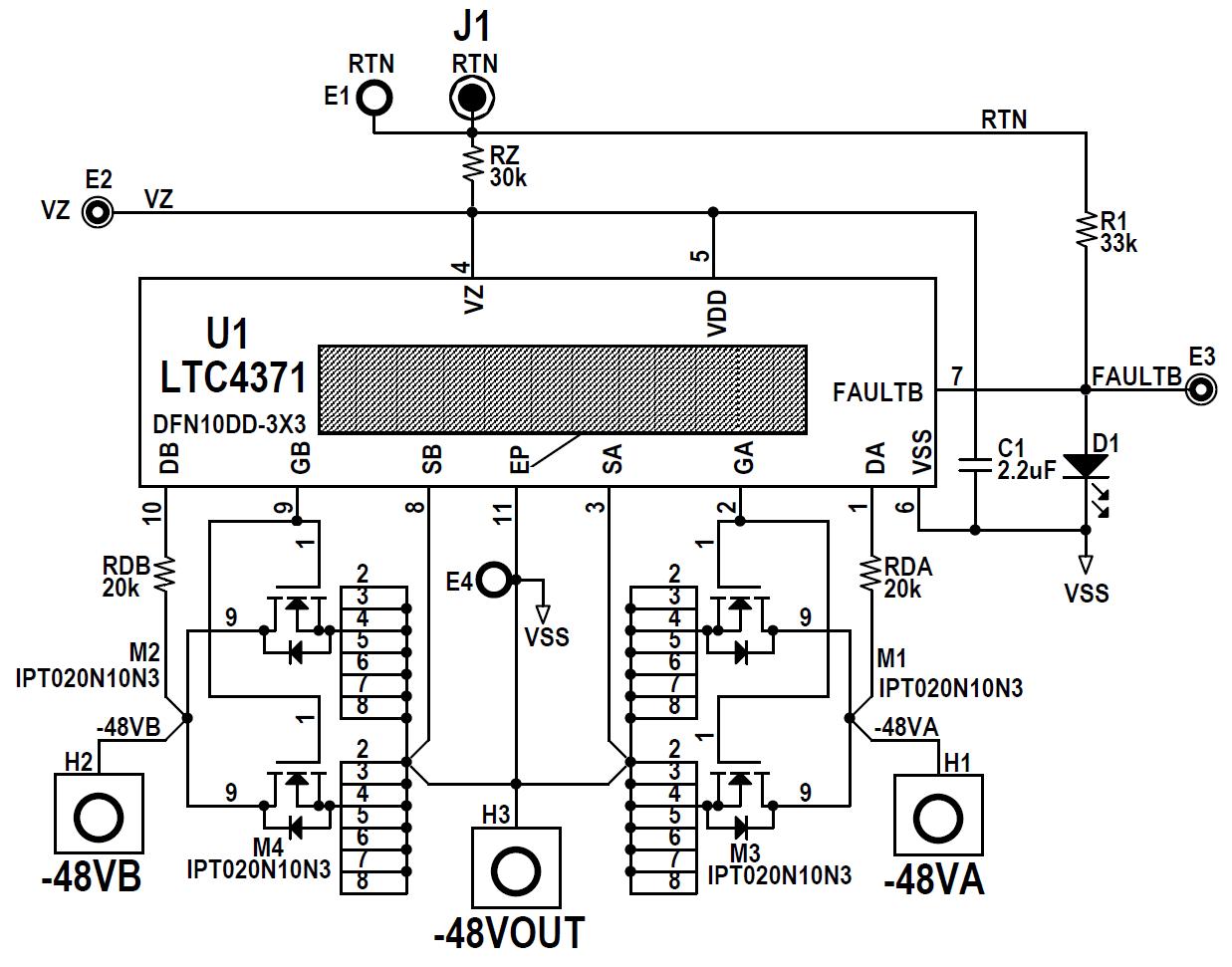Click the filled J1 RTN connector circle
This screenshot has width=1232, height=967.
click(x=472, y=98)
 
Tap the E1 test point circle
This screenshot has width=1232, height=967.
click(x=374, y=98)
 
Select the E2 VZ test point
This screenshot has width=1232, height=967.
click(x=97, y=212)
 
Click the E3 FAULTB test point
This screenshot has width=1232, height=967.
click(x=1202, y=389)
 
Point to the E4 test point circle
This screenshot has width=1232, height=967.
click(x=494, y=580)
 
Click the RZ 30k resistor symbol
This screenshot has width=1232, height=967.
click(x=472, y=165)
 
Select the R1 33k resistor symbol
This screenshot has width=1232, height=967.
click(x=1086, y=230)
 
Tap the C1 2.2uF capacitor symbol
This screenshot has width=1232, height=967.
click(x=975, y=464)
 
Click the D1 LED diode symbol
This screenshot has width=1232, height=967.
click(x=1086, y=466)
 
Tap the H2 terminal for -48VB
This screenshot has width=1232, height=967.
click(x=98, y=818)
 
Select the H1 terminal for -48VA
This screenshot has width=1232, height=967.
click(x=937, y=818)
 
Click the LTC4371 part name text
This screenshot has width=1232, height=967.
click(x=234, y=377)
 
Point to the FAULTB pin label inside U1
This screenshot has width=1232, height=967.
click(x=877, y=392)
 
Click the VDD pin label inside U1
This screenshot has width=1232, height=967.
click(x=717, y=313)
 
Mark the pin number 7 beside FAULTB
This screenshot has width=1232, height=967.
click(x=956, y=375)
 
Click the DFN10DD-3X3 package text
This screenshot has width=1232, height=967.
click(x=229, y=424)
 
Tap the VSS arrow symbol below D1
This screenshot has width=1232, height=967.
click(x=1086, y=565)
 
